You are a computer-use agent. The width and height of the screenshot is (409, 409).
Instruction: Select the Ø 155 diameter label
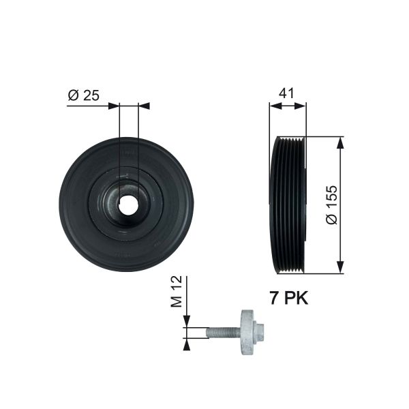pyautogui.click(x=331, y=204)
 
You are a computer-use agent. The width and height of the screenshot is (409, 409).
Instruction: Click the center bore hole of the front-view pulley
pyautogui.click(x=128, y=202)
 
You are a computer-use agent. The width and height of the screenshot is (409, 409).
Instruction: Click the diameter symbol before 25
pyautogui.click(x=73, y=95)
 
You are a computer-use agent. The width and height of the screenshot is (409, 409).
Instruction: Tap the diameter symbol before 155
pyautogui.click(x=331, y=220)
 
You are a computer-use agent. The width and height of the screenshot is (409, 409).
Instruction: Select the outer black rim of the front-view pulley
pyautogui.click(x=72, y=204)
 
